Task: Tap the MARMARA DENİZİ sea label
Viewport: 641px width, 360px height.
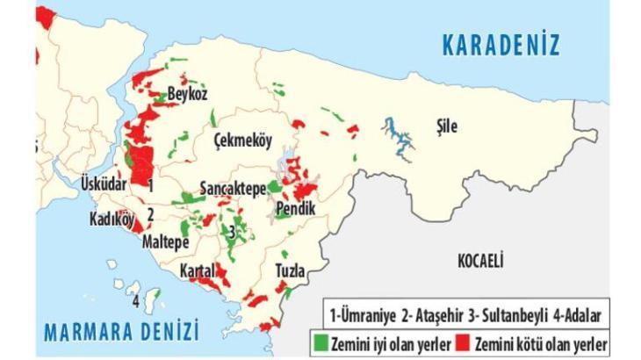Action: [x=122, y=331]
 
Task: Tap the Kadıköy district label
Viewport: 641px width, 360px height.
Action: [x=110, y=219]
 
